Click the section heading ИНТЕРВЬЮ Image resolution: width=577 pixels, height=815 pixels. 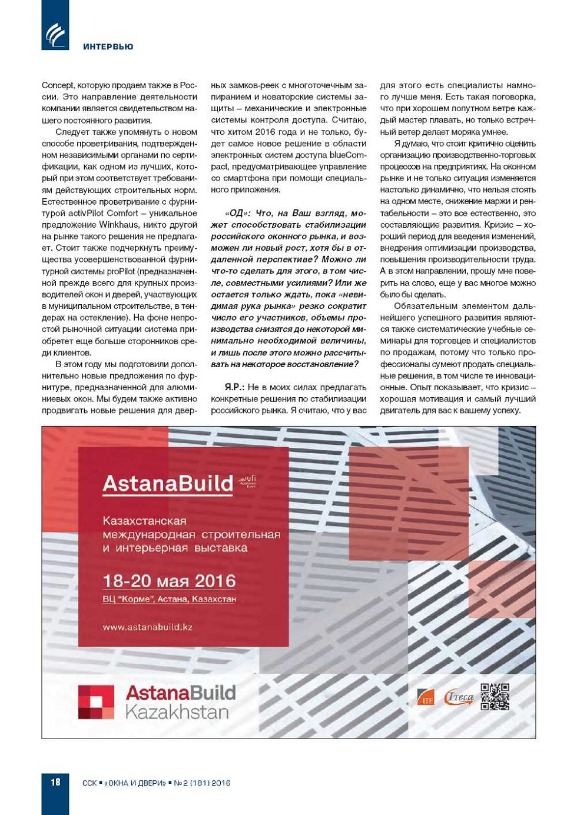point(108,46)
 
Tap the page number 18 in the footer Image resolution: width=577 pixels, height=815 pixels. point(55,782)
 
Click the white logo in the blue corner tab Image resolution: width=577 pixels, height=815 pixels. point(55,34)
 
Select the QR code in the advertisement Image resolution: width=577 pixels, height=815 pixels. point(495,696)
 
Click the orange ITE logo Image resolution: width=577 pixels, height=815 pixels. point(425,697)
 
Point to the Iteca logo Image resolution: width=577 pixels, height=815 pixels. point(459,697)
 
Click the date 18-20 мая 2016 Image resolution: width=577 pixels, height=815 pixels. point(169,581)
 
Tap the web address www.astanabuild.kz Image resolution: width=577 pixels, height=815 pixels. point(147,627)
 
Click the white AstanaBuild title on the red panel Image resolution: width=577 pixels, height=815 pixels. point(168,483)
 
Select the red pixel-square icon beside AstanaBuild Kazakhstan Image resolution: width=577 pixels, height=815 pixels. point(96,702)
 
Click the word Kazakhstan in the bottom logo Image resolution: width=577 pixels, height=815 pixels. point(177,712)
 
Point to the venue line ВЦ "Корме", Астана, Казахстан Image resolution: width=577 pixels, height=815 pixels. point(169,599)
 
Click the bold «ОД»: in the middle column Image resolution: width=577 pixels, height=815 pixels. point(237,213)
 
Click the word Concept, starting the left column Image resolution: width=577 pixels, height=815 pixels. point(58,85)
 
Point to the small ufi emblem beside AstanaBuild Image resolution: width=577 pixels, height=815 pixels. point(247,482)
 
